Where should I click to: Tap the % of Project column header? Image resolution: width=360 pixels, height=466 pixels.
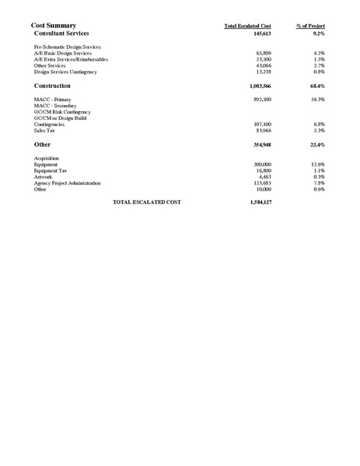310,26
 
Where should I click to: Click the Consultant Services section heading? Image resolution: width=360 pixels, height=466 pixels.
62,34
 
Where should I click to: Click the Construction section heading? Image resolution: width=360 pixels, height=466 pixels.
53,86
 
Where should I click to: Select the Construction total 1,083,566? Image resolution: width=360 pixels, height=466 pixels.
256,86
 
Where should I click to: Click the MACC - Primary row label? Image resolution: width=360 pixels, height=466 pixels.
53,100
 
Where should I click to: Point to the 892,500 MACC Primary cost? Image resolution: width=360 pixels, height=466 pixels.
260,100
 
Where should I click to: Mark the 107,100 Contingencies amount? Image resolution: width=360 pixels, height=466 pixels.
260,124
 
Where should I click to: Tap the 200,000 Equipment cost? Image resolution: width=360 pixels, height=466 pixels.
260,165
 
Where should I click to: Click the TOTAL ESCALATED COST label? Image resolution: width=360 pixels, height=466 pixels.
147,202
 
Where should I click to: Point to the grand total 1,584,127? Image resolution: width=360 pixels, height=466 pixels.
257,202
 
